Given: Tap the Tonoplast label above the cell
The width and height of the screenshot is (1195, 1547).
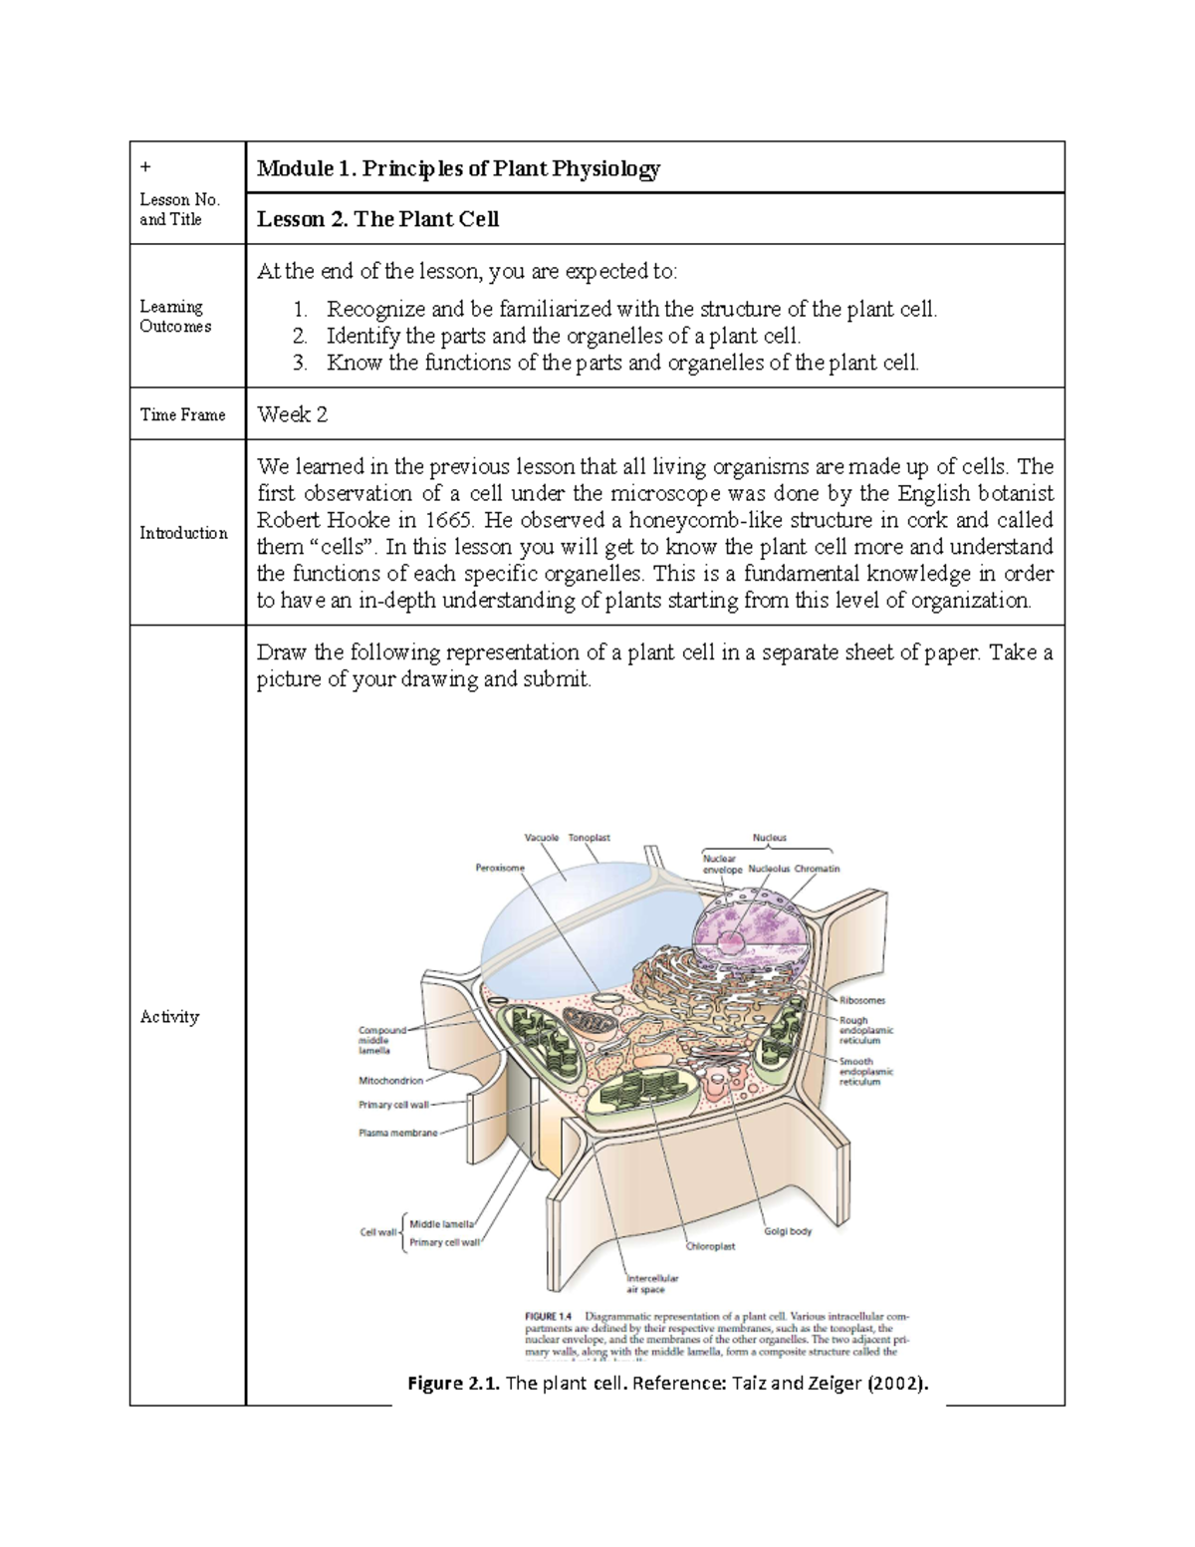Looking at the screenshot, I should coord(590,838).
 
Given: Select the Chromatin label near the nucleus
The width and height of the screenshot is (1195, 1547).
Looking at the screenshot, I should coord(817,869).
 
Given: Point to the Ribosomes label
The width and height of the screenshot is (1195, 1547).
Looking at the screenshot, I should coord(861,1000).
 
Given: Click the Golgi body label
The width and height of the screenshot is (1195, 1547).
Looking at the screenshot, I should coord(788,1231).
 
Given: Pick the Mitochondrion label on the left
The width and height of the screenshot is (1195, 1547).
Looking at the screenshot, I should coord(390,1080).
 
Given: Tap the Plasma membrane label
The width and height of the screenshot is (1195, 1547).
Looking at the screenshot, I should coord(397,1133).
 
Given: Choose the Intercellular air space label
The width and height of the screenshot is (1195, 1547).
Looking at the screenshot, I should coord(652,1283).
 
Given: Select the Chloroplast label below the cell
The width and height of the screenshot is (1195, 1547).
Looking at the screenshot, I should coord(710,1246).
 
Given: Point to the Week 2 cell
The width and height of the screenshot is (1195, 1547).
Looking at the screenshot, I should coord(292,414).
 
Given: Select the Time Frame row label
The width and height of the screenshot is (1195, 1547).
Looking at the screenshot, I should coord(182,414).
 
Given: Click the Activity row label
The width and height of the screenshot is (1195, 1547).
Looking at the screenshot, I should coord(169,1016).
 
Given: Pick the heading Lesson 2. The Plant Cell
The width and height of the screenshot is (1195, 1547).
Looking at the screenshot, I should coord(377,219).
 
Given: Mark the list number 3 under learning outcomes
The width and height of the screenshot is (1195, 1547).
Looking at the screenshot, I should coord(300,363).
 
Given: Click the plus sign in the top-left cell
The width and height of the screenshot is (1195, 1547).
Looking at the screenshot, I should coord(143,166).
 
